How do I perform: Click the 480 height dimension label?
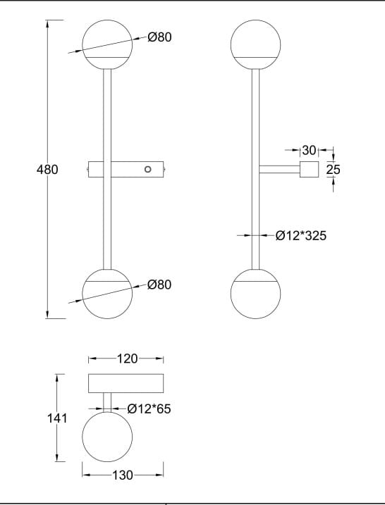pos(47,170)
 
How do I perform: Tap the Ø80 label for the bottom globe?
pos(160,285)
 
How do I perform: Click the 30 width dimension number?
pos(309,150)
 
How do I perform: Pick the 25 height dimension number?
pos(334,170)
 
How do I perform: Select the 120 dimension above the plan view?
pos(126,359)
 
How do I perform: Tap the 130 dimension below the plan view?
pos(123,475)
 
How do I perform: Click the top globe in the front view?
pos(107,43)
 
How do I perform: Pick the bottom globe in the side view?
pos(256,293)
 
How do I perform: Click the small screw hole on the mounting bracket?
pos(147,169)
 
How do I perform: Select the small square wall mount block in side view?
pos(310,169)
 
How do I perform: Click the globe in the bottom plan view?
pos(107,437)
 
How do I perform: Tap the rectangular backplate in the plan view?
pos(126,383)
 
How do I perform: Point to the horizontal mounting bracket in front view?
pos(126,169)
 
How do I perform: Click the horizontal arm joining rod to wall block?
pos(280,169)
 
